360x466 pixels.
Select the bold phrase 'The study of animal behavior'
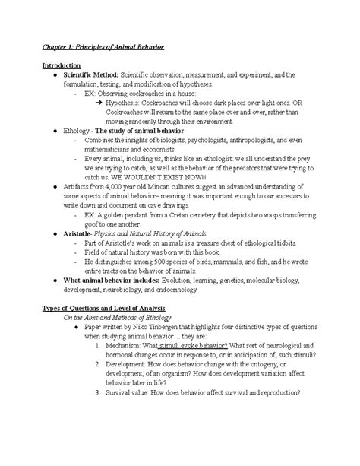click(145, 132)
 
